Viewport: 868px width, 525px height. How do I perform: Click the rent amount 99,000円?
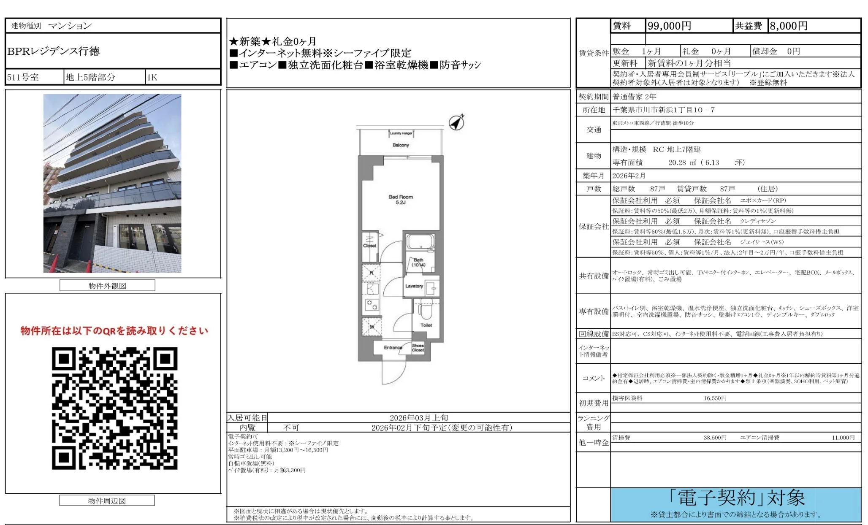669,26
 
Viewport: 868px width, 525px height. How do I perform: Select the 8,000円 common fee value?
788,26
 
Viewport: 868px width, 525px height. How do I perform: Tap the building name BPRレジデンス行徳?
54,51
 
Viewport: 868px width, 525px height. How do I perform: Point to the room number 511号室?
23,78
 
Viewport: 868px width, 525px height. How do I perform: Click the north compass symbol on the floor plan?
456,122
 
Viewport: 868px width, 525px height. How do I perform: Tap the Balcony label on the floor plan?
401,145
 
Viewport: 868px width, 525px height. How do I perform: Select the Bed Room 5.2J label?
401,200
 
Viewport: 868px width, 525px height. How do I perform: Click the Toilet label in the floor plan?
426,325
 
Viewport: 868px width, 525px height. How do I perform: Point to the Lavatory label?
414,286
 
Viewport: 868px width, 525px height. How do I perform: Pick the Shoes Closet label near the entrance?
418,348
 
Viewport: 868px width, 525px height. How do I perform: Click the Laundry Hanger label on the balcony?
401,133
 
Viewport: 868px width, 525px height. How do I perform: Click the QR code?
114,408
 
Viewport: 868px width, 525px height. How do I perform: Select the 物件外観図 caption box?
107,286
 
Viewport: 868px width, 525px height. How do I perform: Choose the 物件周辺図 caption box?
107,501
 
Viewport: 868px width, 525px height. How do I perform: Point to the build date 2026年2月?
629,176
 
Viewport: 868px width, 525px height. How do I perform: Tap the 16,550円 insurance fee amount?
715,398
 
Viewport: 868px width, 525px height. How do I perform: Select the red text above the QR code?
114,331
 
